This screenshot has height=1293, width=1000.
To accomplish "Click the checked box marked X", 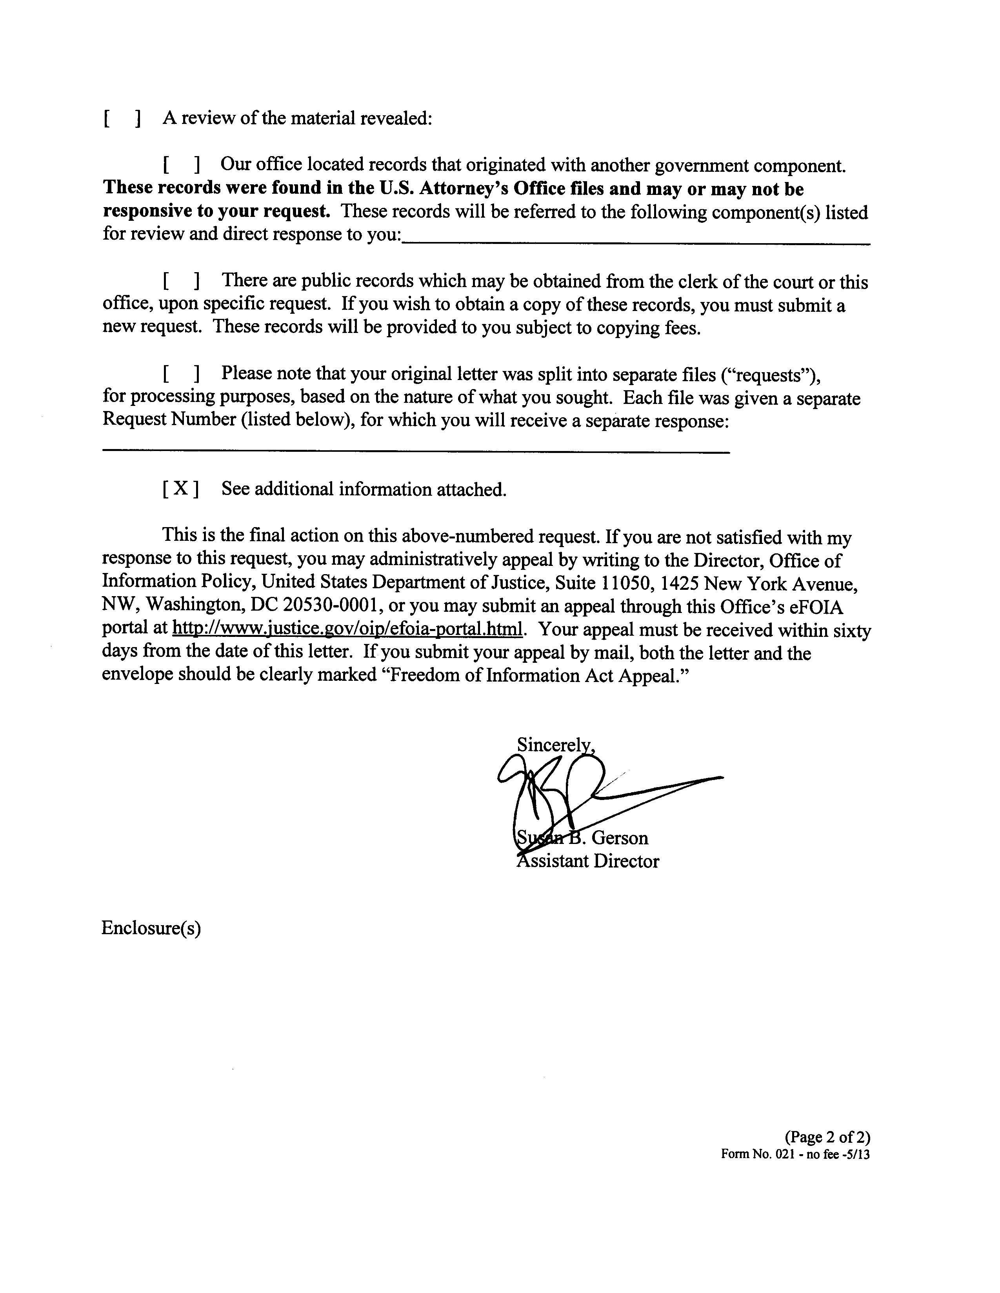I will coord(180,488).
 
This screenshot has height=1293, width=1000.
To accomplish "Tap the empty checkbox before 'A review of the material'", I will coord(122,118).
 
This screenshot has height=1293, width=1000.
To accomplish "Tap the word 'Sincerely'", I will coord(554,744).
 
